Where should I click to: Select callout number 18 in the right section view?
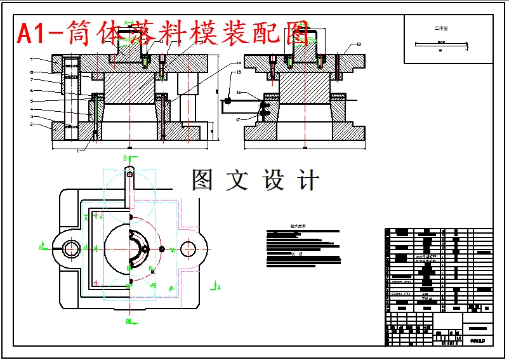359,44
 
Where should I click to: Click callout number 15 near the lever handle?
238,72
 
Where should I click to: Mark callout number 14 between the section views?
239,63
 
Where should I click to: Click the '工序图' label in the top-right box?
440,29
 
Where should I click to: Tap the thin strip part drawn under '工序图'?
440,44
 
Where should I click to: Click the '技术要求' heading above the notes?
298,225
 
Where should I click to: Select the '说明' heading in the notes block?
294,253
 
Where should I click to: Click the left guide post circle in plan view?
70,248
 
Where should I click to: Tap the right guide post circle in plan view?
189,248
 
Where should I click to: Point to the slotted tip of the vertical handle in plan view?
129,173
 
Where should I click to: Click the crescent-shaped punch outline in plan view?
137,248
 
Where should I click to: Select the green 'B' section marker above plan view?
124,157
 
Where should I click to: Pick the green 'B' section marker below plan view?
127,322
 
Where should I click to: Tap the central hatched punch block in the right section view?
305,88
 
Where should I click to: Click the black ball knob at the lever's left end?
227,99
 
